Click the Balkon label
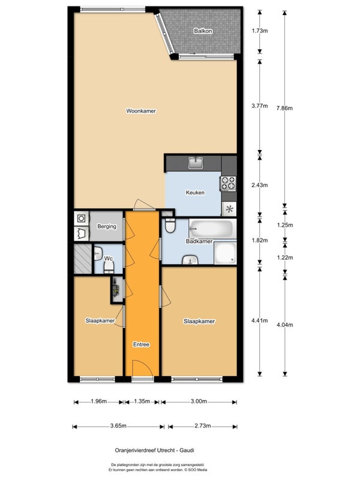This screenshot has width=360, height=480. point(203,31)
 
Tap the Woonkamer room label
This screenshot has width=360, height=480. point(141,111)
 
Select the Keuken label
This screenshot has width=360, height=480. point(195,193)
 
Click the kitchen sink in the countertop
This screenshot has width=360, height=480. point(196,163)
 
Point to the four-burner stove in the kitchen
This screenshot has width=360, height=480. point(229,184)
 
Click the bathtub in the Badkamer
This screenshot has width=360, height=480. point(211,228)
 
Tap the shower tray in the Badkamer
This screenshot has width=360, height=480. point(225,253)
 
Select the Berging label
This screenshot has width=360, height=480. point(107,227)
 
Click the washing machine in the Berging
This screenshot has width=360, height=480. point(82,218)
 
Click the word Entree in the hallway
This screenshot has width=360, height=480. point(141,344)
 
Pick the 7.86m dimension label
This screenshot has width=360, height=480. point(284,108)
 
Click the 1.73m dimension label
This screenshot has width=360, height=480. point(260,31)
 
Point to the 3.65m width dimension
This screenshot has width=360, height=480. point(118,426)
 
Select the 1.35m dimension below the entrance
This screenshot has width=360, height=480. point(142,401)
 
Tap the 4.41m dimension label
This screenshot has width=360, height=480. point(260,320)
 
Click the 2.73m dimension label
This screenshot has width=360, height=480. point(203,426)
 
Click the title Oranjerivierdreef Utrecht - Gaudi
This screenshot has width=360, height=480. point(154,451)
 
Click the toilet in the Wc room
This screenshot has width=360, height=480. point(109,267)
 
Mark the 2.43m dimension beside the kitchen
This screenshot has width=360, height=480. point(260,185)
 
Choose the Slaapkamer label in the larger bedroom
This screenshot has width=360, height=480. point(199,321)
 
